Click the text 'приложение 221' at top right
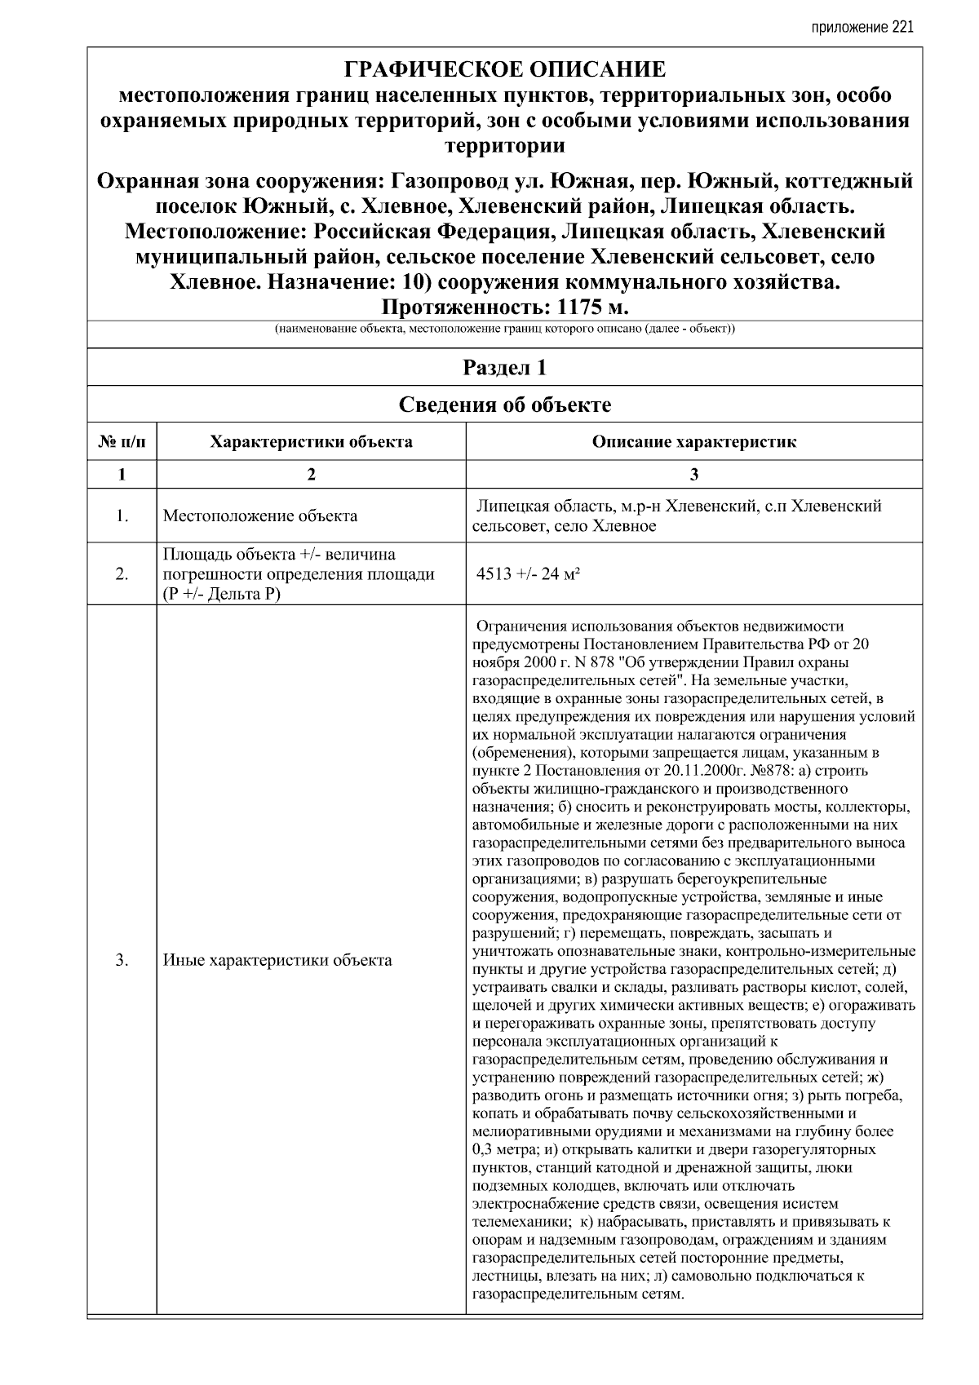[x=862, y=27]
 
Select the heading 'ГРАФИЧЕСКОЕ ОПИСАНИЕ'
[x=505, y=69]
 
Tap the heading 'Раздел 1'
[x=505, y=368]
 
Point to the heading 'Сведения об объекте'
[x=505, y=405]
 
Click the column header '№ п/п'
[x=122, y=442]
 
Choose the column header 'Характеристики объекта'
[x=311, y=442]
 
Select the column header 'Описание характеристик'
[x=694, y=442]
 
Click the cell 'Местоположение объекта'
[x=260, y=516]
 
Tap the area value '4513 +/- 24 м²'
[x=528, y=574]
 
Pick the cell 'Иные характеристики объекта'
[x=277, y=960]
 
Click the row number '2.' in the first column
[x=122, y=574]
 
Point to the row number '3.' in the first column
[x=122, y=960]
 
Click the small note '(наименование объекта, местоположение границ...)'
[x=505, y=330]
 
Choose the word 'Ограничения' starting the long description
[x=518, y=626]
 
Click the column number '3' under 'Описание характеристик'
[x=694, y=475]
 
